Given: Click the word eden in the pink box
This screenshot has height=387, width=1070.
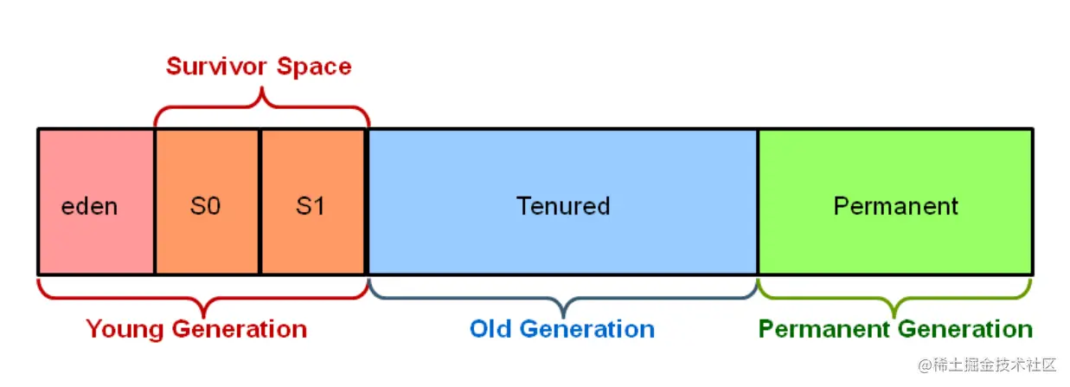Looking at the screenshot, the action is click(x=89, y=207).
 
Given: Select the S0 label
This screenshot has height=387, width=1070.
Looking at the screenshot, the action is click(x=205, y=207).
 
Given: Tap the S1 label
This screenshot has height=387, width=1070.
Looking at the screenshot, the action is click(x=311, y=207).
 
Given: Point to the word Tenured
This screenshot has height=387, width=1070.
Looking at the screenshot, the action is click(x=563, y=206).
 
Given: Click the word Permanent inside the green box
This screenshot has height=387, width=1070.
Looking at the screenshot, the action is click(x=895, y=206).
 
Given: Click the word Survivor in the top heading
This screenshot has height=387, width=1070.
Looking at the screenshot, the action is click(x=216, y=66).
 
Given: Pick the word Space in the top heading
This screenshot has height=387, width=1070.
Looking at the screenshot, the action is click(x=314, y=67).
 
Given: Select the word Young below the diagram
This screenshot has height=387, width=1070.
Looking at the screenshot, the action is click(x=125, y=330).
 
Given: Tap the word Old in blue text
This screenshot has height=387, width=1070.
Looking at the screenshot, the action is click(x=490, y=329).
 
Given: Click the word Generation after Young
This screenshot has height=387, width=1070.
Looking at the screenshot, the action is click(x=240, y=329).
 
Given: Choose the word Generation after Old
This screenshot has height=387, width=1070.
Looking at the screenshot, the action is click(x=587, y=329).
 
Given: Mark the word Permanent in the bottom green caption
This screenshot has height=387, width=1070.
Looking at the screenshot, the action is click(x=824, y=329).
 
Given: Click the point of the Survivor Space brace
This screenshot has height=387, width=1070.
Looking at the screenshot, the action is click(x=262, y=87).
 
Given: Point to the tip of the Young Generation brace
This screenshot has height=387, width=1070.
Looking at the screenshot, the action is click(x=204, y=318).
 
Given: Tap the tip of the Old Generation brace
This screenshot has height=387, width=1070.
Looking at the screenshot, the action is click(x=564, y=318).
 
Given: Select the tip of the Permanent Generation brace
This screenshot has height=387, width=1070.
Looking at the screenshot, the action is click(x=894, y=318).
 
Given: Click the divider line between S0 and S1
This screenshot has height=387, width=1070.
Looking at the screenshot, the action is click(x=259, y=202).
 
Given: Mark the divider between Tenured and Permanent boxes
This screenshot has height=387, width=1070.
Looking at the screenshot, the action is click(x=758, y=202).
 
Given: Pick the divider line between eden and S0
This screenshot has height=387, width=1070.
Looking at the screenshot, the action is click(x=155, y=202).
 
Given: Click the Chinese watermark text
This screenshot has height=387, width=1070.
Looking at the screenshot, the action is click(x=987, y=365).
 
